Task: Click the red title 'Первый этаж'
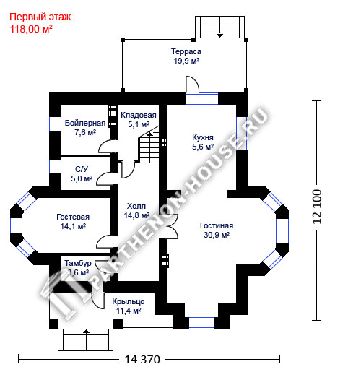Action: (40, 17)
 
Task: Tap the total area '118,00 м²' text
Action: (31, 29)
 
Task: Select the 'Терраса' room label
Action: (186, 51)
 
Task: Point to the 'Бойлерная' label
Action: (85, 123)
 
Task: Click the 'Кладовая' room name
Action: (139, 115)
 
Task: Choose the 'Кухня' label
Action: (203, 137)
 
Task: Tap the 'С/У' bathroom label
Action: (82, 169)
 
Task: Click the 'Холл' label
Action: (136, 206)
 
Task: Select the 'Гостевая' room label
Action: (73, 217)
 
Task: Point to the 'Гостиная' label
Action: (217, 225)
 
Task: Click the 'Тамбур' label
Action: (78, 263)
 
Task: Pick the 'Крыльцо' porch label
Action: (129, 301)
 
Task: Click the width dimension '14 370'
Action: (142, 360)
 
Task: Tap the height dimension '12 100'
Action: (317, 207)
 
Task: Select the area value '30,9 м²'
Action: (217, 235)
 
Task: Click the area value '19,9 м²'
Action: (186, 61)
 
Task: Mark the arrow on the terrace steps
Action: (219, 35)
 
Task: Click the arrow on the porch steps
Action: (86, 332)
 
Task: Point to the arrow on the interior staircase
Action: (149, 134)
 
